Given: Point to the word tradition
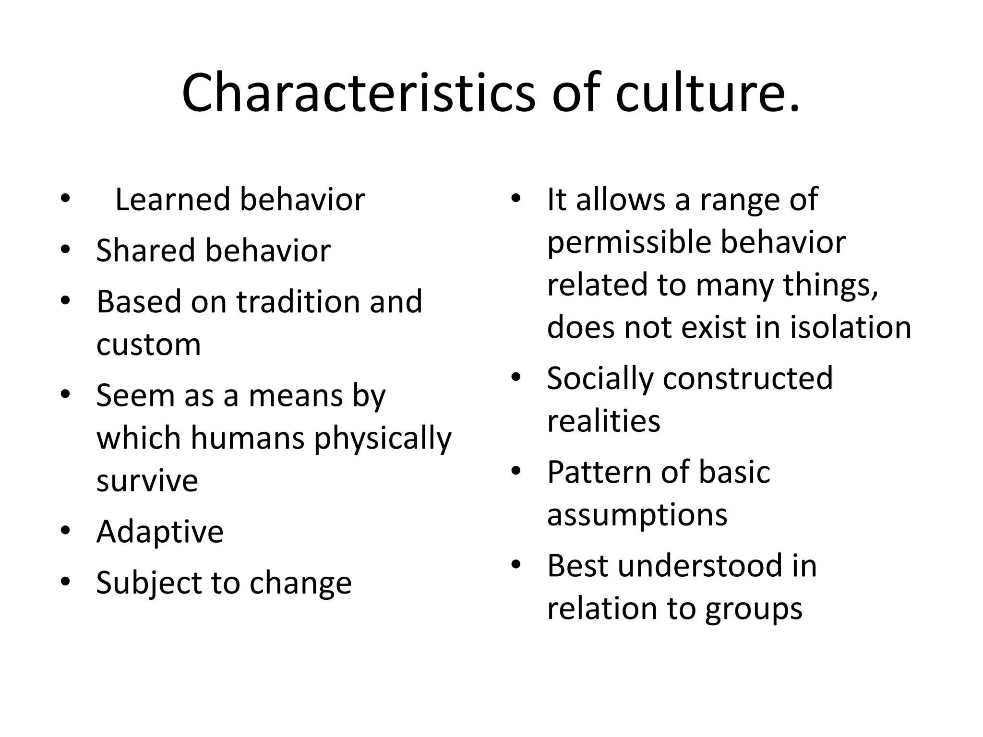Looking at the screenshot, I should [298, 302].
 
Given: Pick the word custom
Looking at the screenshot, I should [148, 345].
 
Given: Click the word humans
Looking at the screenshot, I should [248, 438].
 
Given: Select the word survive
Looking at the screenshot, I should [147, 481].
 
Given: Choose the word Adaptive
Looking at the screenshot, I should [160, 532].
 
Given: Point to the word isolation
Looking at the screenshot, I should [850, 328].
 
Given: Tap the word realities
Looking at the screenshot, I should [603, 421].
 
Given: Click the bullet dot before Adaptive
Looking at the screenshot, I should [65, 531].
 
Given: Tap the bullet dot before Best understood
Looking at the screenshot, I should [516, 564].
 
